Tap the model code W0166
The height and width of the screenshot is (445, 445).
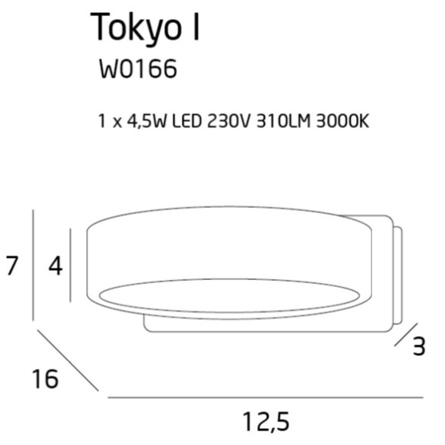click(x=137, y=69)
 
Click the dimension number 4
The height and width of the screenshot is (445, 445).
click(x=54, y=266)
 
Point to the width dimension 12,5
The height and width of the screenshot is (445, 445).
click(x=265, y=421)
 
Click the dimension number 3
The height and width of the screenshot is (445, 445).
click(x=418, y=347)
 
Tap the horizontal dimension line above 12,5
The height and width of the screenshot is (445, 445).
click(x=265, y=397)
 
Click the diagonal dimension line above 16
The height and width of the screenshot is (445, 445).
click(x=68, y=361)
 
